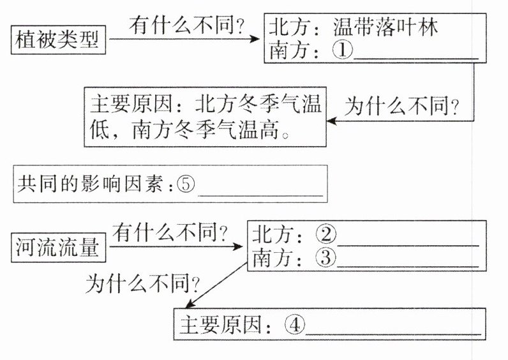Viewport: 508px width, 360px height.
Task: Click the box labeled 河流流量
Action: click(x=58, y=247)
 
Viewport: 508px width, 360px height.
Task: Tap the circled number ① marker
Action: click(x=343, y=50)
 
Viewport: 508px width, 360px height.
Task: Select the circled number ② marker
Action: click(x=326, y=235)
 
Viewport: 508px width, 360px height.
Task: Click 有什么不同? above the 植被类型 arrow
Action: click(x=188, y=26)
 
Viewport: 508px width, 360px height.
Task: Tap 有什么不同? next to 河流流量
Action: click(x=172, y=234)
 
